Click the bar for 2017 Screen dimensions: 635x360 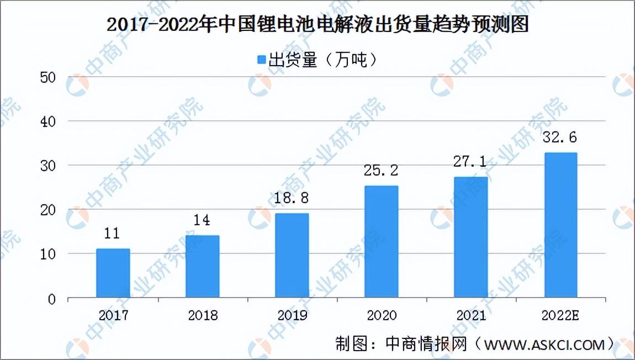pos(113,273)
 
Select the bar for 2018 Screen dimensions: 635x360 pos(203,267)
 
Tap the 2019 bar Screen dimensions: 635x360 pos(292,256)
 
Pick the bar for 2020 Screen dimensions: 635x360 pos(382,242)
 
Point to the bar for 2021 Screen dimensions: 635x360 pos(471,238)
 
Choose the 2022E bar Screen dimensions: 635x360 pos(561,226)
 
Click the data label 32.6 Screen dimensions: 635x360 pos(560,137)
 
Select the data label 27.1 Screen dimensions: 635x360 pos(470,162)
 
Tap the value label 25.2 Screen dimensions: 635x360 pos(380,171)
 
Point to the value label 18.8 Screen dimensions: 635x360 pos(292,198)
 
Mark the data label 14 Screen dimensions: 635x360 pos(202,220)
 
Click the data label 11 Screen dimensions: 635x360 pos(112,234)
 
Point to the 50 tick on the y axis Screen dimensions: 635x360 pos(48,77)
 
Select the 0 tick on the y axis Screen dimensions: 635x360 pos(52,300)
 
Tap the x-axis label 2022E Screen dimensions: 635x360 pos(560,315)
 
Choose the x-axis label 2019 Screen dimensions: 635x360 pos(292,315)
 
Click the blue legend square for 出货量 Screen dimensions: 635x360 pos(262,60)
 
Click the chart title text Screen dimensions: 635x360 pos(318,25)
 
